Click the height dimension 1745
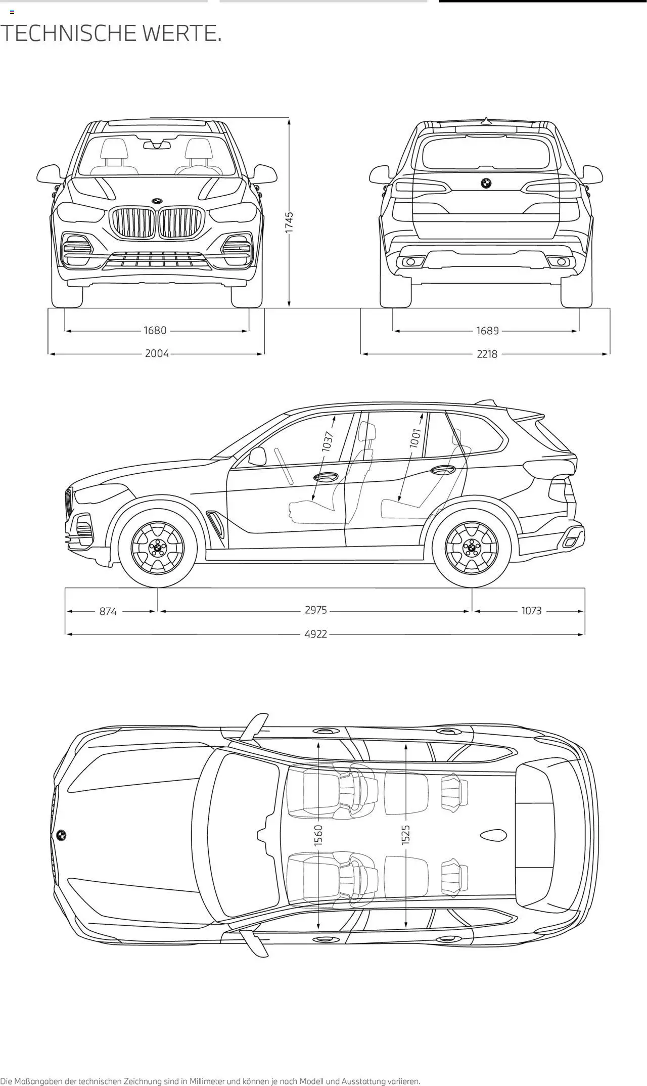tap(289, 222)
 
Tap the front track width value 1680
tap(155, 331)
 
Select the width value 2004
tap(157, 353)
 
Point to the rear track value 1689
tap(487, 331)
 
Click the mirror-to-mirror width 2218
tap(487, 354)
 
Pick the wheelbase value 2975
tap(316, 610)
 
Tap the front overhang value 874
tap(108, 611)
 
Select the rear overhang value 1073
tap(531, 611)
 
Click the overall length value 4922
tap(316, 634)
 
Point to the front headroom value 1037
tap(328, 441)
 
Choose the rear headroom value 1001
tap(415, 438)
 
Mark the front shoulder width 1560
tap(318, 835)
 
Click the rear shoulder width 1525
tap(406, 835)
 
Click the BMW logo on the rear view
tap(485, 184)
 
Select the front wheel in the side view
tap(158, 548)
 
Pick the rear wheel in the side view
tap(472, 548)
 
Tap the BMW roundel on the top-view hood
tap(62, 835)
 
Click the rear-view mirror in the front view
tap(157, 145)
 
